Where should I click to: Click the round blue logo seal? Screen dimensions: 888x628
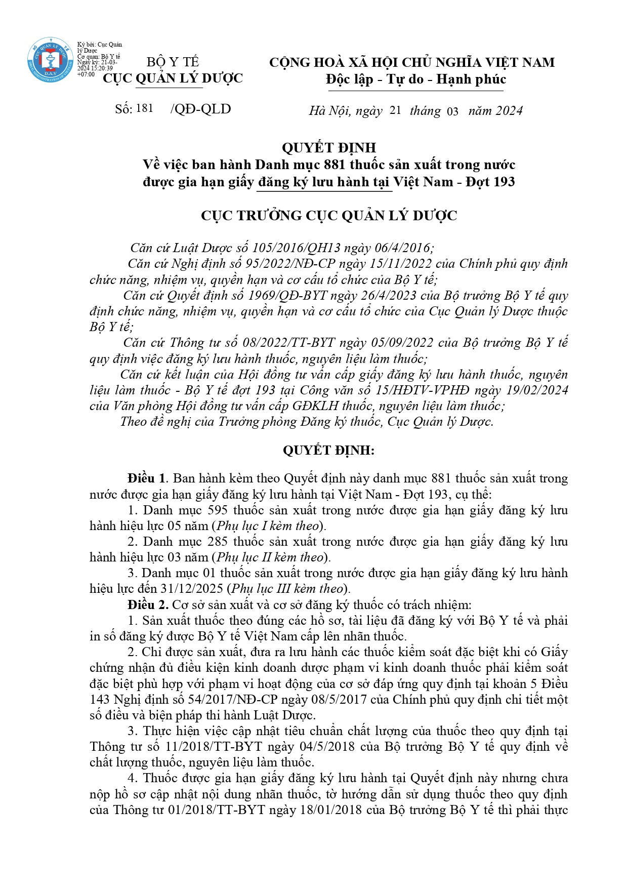click(x=50, y=60)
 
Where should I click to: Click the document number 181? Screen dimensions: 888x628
click(x=145, y=108)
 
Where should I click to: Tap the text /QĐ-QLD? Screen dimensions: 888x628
click(x=201, y=109)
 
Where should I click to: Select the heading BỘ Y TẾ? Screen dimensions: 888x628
click(x=173, y=62)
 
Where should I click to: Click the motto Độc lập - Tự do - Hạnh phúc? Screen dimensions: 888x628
click(x=415, y=79)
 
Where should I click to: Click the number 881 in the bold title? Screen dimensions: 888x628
click(x=334, y=165)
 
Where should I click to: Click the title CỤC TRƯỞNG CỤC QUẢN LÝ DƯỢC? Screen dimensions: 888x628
click(x=329, y=216)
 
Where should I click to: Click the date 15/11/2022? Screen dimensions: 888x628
click(x=400, y=264)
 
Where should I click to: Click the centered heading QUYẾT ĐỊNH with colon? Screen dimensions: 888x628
click(x=329, y=450)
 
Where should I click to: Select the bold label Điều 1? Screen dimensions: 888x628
click(x=146, y=478)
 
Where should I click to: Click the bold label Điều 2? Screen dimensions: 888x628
click(x=147, y=605)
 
